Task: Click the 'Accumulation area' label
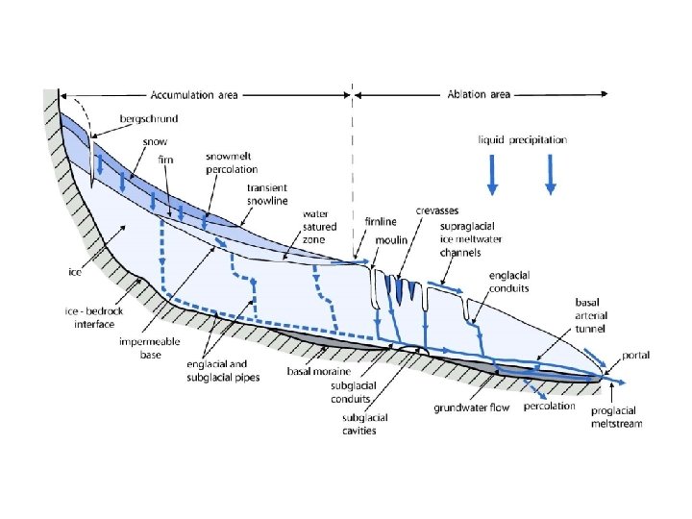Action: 194,96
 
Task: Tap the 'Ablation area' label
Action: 479,95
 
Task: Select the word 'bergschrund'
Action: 149,119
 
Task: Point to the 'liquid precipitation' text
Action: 523,139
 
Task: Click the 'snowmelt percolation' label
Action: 232,162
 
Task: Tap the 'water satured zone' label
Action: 320,227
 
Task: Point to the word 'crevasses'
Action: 435,210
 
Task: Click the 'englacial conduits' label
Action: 508,282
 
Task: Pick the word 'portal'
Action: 635,356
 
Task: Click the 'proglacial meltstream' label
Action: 616,416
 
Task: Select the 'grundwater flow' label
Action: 471,408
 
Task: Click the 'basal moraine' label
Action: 319,370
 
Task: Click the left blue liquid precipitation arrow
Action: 491,174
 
